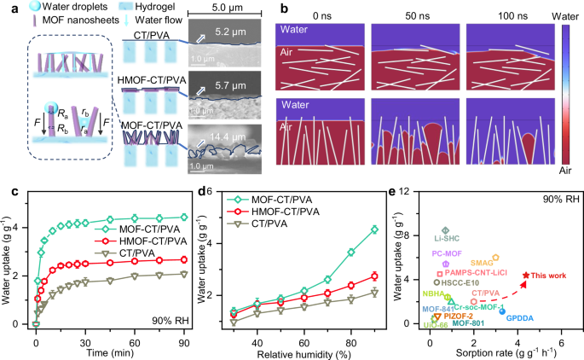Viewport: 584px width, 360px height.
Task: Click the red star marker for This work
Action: click(525, 275)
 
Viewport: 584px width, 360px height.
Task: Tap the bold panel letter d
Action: click(200, 207)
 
